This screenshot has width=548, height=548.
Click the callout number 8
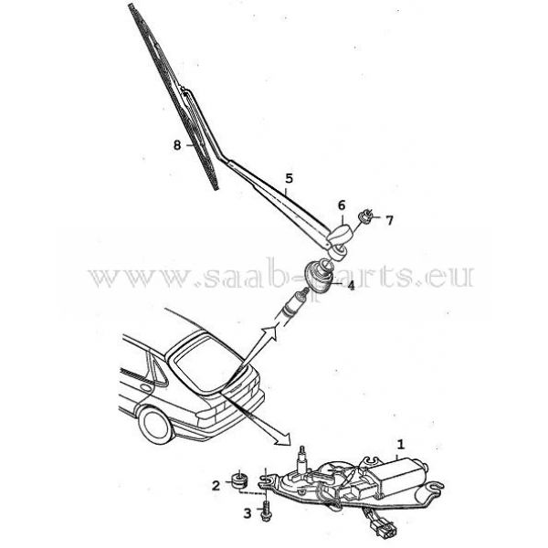click(177, 144)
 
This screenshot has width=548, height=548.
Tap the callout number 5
click(288, 178)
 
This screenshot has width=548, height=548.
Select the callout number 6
click(342, 205)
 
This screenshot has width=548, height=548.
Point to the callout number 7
click(389, 220)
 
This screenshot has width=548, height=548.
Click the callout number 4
click(350, 286)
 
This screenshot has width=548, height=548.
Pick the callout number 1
click(399, 445)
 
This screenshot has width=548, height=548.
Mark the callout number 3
click(247, 514)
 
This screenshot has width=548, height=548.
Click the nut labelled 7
click(367, 216)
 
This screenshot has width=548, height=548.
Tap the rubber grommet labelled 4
click(320, 274)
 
